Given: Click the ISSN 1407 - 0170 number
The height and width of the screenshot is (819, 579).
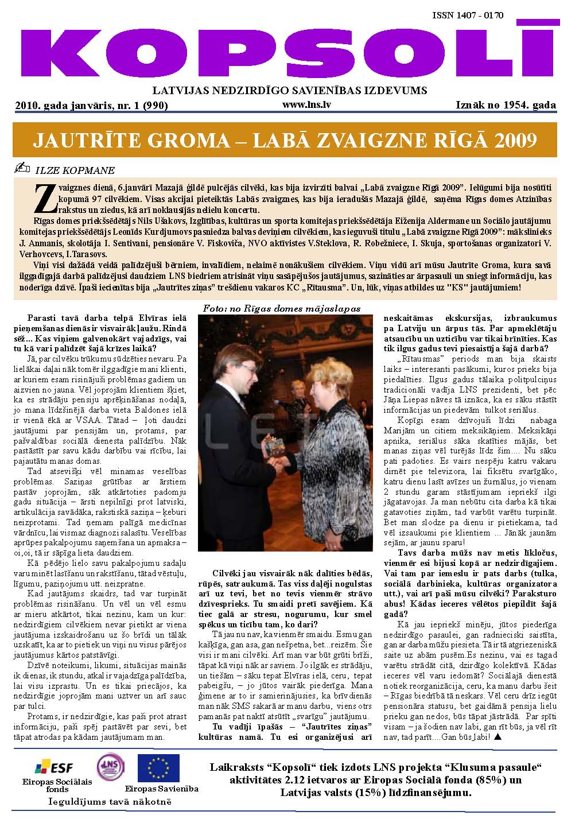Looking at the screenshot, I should click(x=468, y=15).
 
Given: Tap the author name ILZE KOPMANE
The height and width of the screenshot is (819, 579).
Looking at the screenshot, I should click(x=75, y=170).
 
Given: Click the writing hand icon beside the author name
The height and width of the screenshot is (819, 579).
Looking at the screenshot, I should click(x=24, y=169).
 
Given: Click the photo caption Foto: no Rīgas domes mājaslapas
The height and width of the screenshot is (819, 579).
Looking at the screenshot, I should click(x=281, y=308).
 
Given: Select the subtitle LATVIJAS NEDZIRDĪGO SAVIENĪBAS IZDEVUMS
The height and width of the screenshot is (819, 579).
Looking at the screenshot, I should click(x=289, y=90).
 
